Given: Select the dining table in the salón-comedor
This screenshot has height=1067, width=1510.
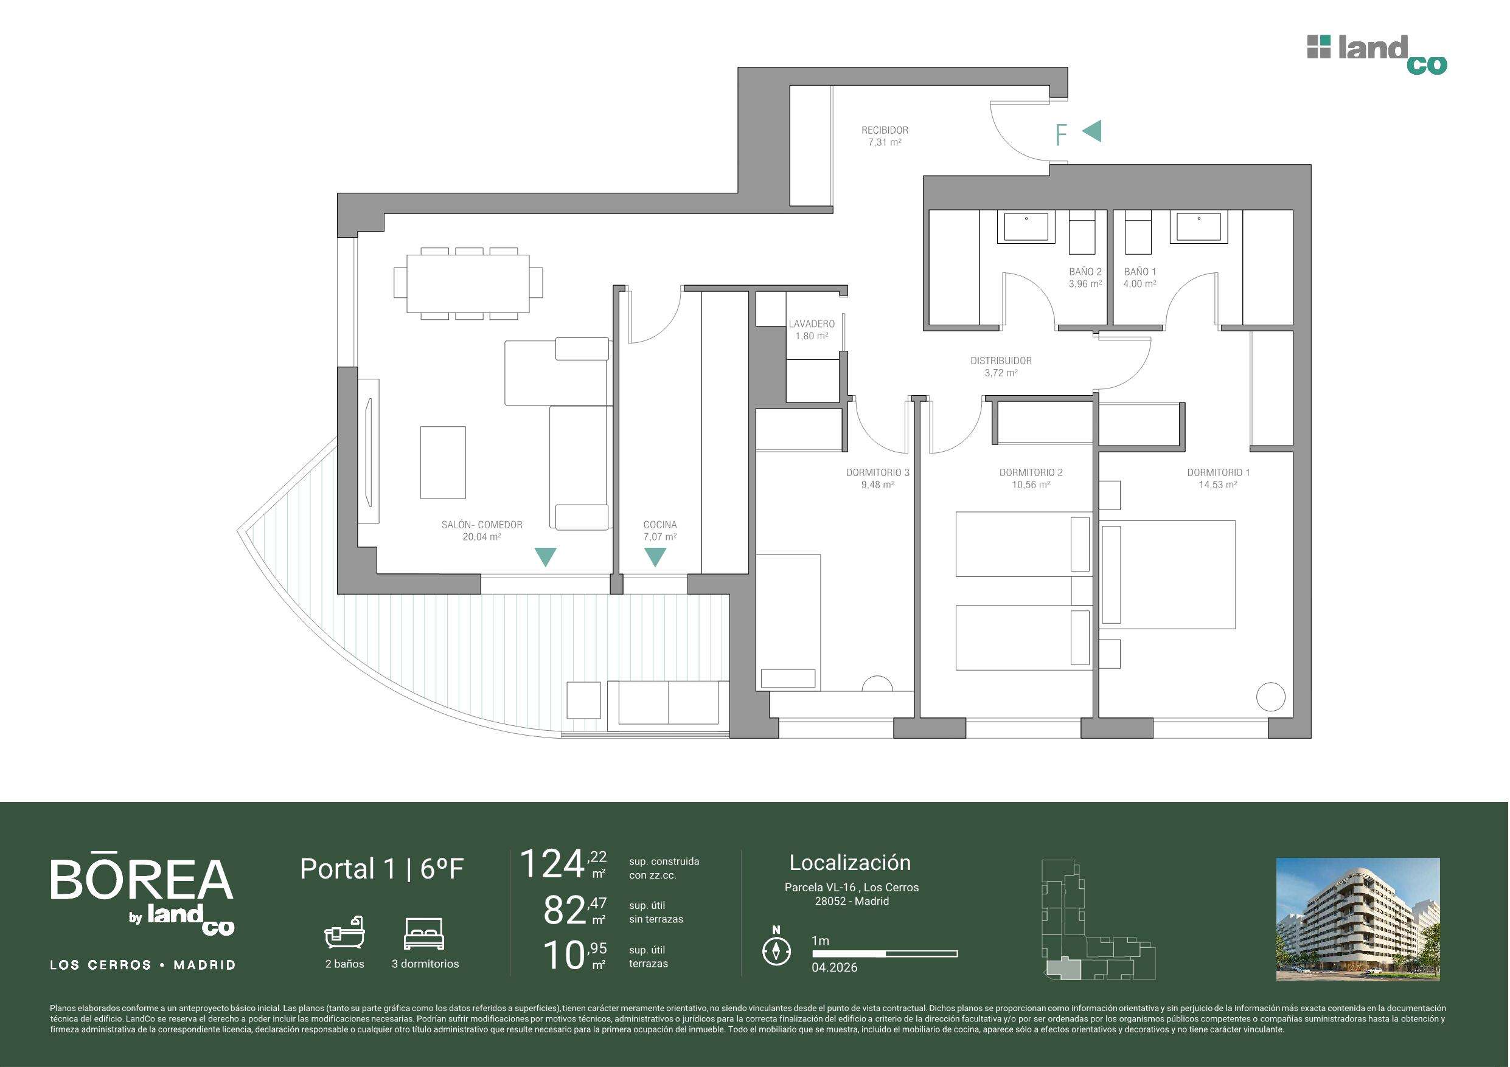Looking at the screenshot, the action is [x=468, y=283].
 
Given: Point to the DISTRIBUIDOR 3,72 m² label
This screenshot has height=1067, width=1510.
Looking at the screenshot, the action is [x=1001, y=366].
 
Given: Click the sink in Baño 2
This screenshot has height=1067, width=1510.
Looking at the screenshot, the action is [x=1026, y=227].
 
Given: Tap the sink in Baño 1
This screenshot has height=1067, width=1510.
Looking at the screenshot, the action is [x=1199, y=226].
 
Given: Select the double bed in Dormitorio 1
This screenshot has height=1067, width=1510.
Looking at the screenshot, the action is [x=1168, y=575].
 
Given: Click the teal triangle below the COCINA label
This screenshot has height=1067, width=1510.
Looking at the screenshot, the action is [x=655, y=558].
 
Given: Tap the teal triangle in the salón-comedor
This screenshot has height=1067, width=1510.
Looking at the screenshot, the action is [x=546, y=558].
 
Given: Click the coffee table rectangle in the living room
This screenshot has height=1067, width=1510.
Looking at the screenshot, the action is [x=444, y=462].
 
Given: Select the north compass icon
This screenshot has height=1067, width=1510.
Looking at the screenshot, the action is [x=776, y=947].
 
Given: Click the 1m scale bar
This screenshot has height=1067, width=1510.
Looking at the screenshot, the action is [x=885, y=953].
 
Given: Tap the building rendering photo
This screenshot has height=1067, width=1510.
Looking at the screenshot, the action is [x=1358, y=919].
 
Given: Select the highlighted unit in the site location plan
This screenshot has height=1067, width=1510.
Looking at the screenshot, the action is [x=1063, y=969].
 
